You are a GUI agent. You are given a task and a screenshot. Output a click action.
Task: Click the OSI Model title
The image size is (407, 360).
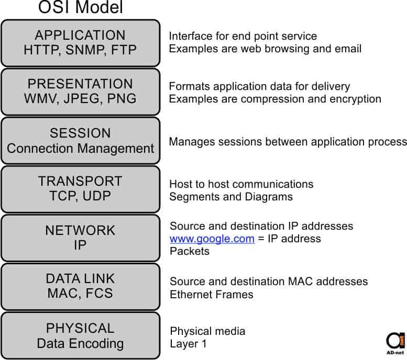point(81,8)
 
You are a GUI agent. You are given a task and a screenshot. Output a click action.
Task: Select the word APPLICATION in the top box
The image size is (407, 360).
point(80,35)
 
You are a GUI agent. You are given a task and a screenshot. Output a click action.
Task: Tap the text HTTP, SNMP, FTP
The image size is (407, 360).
point(80,50)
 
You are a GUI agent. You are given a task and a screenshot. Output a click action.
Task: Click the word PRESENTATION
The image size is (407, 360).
point(80,84)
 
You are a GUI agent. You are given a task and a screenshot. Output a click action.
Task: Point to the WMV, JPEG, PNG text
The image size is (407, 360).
point(80,99)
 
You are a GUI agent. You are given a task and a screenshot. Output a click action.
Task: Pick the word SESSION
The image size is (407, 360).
point(80,133)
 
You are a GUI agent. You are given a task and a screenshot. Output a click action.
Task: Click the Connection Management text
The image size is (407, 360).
point(80,148)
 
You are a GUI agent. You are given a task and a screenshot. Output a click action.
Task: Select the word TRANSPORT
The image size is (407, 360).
point(80,182)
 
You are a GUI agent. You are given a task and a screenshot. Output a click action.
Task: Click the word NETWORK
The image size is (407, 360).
point(80,230)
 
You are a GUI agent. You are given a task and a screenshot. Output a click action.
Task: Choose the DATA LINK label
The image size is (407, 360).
point(80,279)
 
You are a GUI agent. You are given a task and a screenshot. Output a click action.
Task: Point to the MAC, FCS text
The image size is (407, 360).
point(80,294)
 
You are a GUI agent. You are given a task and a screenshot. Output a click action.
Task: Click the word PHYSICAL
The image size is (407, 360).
point(80,328)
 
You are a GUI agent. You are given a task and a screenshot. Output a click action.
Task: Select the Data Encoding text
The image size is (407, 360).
point(80,343)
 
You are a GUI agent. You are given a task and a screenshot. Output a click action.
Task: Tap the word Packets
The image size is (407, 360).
point(190,251)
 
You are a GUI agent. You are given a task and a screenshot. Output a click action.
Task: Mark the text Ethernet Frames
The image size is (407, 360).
point(212,295)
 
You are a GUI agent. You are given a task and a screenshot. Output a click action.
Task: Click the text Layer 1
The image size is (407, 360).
point(189,344)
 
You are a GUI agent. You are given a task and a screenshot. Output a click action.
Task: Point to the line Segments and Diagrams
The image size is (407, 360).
point(231,197)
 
